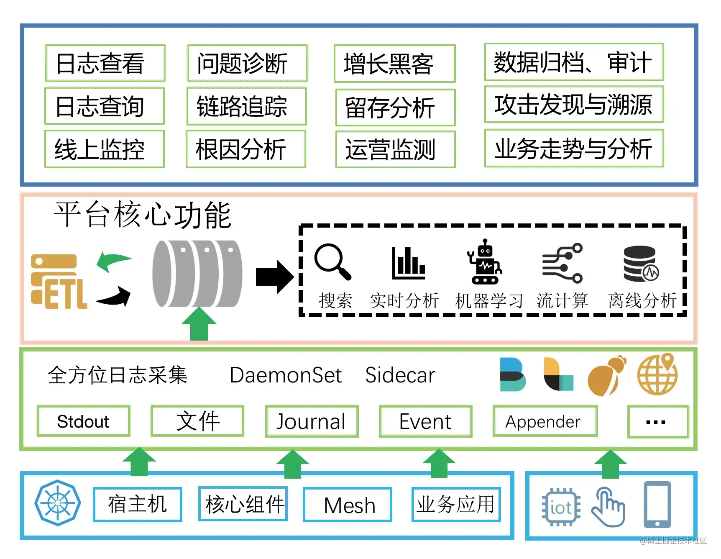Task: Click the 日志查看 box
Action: (105, 63)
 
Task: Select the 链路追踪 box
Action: (247, 106)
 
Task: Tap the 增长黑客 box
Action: (395, 64)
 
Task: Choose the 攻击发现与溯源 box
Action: (574, 104)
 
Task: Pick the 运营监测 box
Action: (396, 149)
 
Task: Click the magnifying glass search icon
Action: (333, 262)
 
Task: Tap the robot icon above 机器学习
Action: (485, 262)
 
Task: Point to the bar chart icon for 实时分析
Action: (409, 263)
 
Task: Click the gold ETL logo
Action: (59, 281)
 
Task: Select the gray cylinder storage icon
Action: (197, 274)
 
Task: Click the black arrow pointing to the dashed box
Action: (275, 277)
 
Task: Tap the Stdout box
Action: (84, 421)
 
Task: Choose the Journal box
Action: (312, 421)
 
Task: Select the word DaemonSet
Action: (286, 375)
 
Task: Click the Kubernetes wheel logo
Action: (58, 503)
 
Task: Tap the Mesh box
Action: (348, 505)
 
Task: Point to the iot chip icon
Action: (561, 507)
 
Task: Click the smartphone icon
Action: (657, 505)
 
